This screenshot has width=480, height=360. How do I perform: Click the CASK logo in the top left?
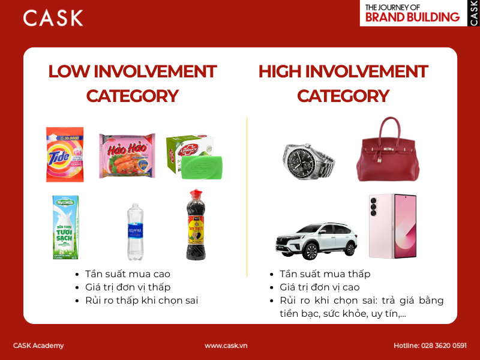(x=53, y=17)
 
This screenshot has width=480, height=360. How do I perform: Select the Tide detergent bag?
(x=65, y=154)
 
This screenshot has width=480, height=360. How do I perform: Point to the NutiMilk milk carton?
(x=65, y=227)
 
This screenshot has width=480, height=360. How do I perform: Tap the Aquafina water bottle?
(x=135, y=231)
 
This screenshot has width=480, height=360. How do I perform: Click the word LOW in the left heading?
(x=69, y=72)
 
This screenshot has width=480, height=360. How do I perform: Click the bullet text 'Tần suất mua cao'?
(x=127, y=274)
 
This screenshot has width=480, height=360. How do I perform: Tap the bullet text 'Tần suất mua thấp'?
(x=325, y=274)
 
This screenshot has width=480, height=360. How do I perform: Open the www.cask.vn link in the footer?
(x=226, y=346)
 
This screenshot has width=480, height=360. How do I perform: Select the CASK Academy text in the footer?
(x=38, y=346)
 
